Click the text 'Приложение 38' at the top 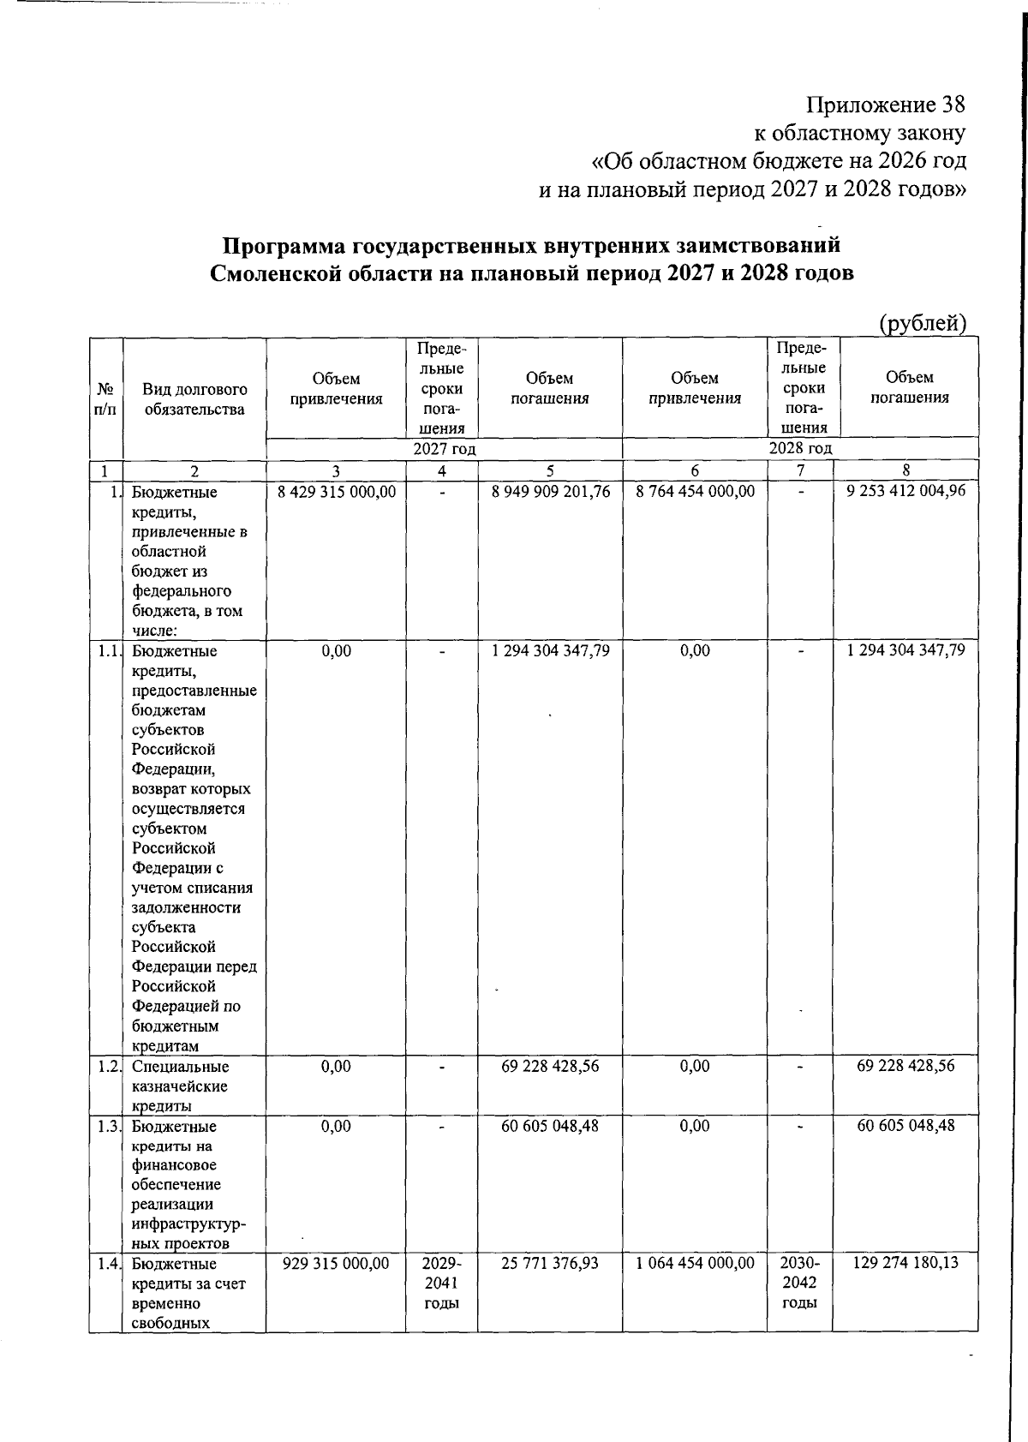tap(885, 105)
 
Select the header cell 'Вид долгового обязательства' tap(194, 399)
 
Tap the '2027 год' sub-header tap(444, 449)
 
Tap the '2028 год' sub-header tap(800, 448)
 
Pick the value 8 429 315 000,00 tap(336, 492)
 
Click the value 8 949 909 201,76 tap(550, 492)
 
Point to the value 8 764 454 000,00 tap(695, 491)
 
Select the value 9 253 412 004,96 tap(905, 491)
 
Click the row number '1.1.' tap(108, 651)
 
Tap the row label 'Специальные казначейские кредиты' tap(180, 1086)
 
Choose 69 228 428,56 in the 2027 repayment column tap(550, 1066)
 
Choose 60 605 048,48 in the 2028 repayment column tap(905, 1125)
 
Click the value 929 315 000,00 tap(336, 1263)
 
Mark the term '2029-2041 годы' tap(442, 1283)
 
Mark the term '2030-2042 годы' tap(799, 1283)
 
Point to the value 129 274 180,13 tap(905, 1263)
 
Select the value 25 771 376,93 tap(550, 1263)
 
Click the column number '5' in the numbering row tap(550, 470)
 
